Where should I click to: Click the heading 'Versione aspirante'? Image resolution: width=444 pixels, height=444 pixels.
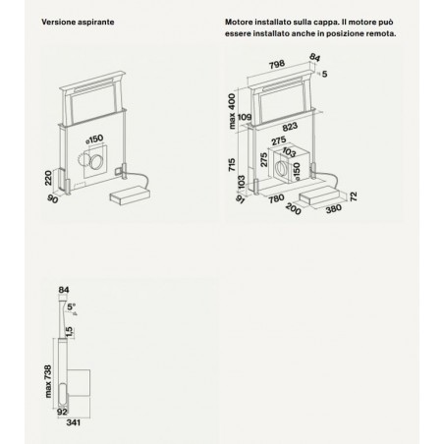[78, 22]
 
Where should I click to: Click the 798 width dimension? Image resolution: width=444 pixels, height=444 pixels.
[277, 64]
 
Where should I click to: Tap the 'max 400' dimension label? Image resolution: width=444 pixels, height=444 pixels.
[232, 111]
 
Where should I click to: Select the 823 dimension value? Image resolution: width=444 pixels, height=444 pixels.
[290, 127]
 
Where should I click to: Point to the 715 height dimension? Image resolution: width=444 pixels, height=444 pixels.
[232, 165]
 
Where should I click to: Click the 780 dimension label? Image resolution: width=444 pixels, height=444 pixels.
[276, 198]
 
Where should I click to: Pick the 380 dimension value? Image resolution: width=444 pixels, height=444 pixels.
[334, 208]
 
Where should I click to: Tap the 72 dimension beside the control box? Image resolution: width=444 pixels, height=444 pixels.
[354, 196]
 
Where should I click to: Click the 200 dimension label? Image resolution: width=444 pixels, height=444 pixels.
[293, 209]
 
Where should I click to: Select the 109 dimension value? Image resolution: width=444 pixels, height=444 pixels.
[245, 117]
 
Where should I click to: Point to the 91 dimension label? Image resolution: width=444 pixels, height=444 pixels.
[240, 199]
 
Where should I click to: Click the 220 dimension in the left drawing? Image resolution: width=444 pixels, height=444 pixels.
[48, 178]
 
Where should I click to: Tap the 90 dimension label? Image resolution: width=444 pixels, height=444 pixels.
[52, 198]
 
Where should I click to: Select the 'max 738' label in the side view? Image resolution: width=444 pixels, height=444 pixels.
[48, 381]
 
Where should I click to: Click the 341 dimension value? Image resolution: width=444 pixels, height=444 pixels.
[74, 422]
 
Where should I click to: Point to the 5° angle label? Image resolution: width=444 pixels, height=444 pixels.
[71, 306]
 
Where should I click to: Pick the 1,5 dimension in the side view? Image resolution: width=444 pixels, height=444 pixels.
[69, 332]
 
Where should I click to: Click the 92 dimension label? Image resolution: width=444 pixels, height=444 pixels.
[62, 412]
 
